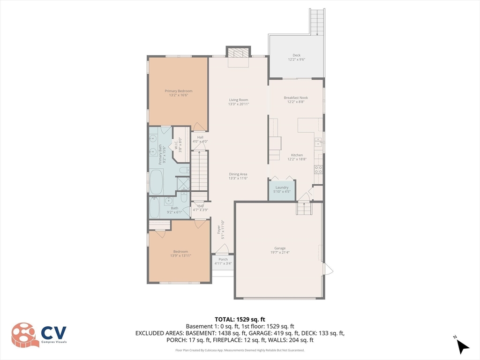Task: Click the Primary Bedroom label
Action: point(178,93)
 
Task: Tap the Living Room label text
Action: point(238,102)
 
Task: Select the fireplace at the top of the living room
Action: point(238,53)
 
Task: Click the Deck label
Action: point(296,57)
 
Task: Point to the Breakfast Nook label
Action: point(296,100)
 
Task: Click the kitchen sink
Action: point(318,142)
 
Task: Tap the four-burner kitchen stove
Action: point(318,170)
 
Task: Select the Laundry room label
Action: point(282,189)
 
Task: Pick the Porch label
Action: point(223,261)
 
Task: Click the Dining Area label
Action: point(238,176)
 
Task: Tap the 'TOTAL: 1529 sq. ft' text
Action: point(240,319)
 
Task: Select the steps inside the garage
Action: point(304,208)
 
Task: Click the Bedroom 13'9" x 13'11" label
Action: point(180,254)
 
